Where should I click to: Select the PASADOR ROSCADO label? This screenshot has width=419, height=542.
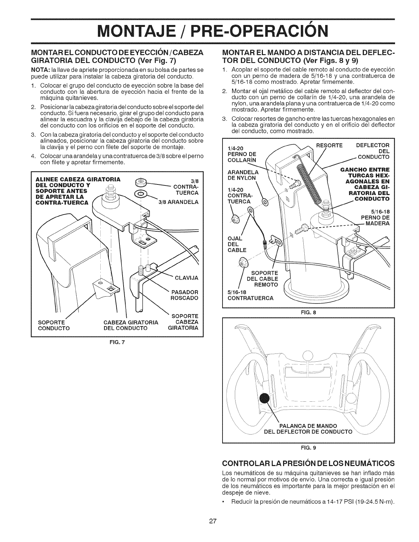[x=184, y=295]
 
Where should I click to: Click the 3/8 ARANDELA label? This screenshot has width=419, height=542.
[x=178, y=202]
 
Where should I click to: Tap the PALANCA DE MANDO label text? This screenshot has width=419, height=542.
[x=306, y=426]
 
